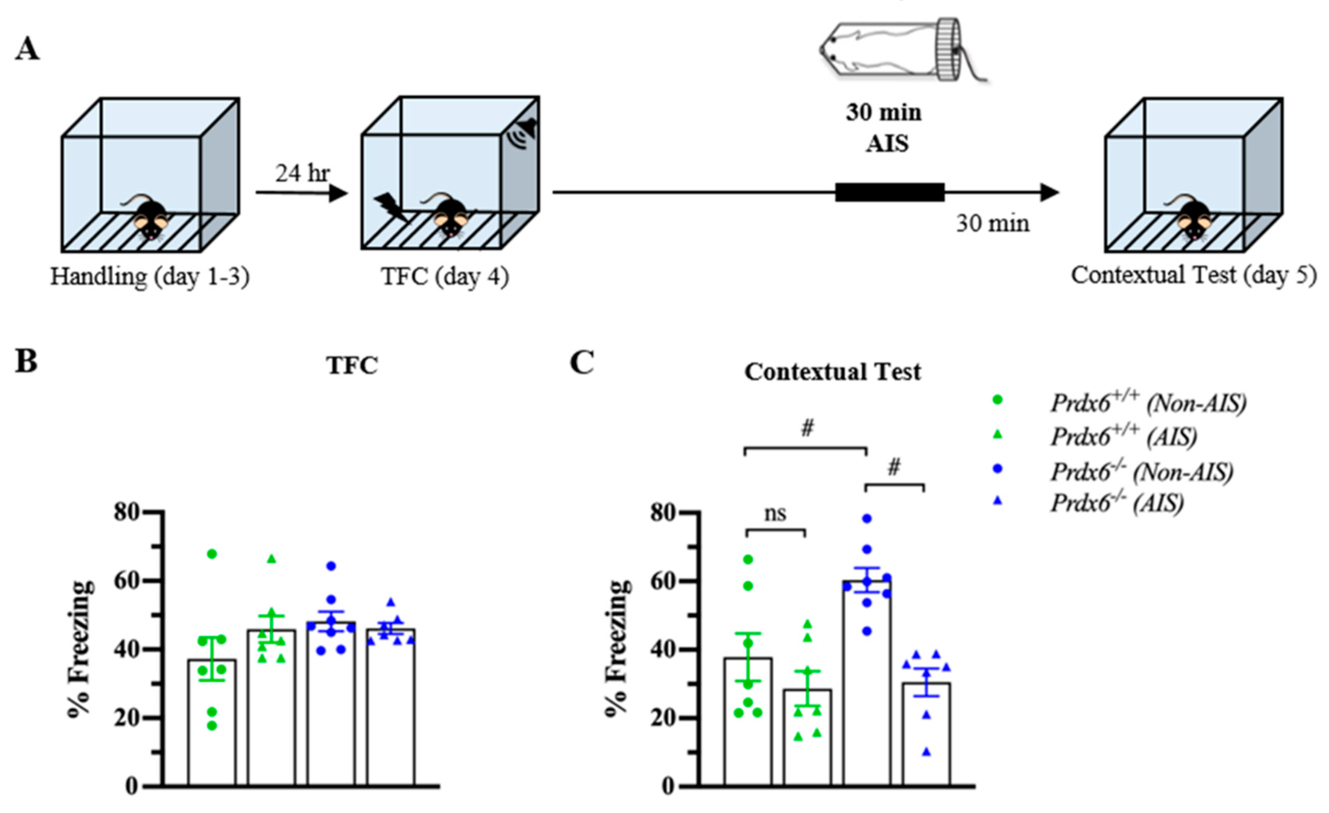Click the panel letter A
(27, 50)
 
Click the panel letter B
(26, 361)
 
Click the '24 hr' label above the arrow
(302, 174)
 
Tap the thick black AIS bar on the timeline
(890, 193)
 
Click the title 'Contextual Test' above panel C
(833, 372)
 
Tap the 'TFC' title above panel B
(352, 365)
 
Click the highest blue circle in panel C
(867, 519)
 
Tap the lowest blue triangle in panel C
(926, 752)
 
